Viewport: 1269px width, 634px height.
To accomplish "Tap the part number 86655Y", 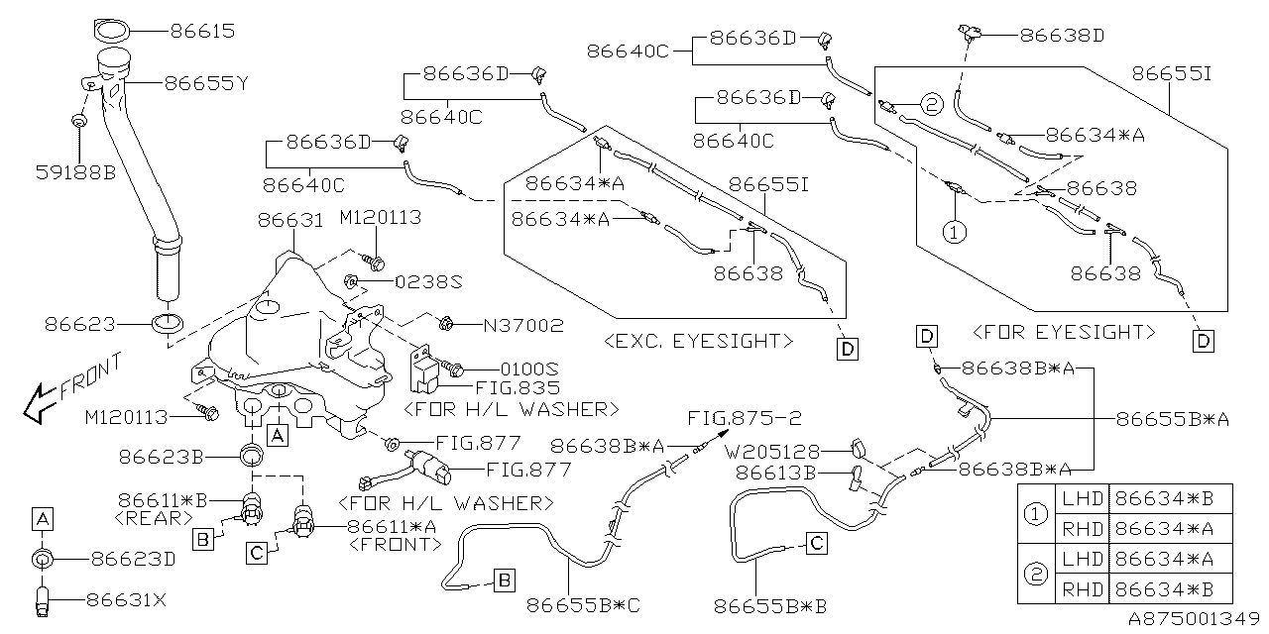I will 205,84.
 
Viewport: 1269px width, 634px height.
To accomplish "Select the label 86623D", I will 133,559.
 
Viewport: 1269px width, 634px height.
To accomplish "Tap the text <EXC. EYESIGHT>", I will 698,341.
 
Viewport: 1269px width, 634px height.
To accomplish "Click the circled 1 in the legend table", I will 1035,514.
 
